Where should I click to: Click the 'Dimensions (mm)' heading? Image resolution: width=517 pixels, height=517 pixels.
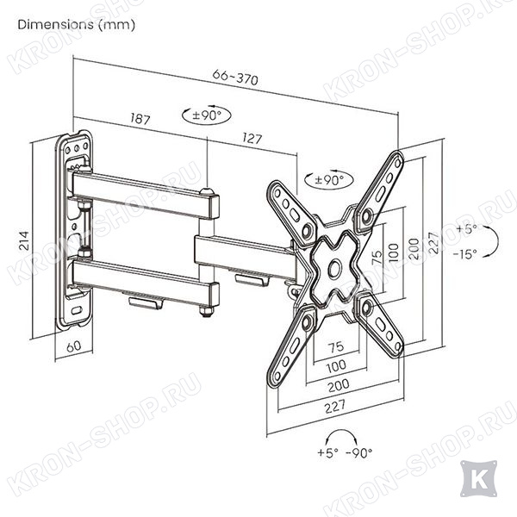(76, 25)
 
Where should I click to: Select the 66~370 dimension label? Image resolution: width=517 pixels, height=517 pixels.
(235, 78)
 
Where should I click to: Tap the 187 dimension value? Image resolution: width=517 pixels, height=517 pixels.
(140, 118)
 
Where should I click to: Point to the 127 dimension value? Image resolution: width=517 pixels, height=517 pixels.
(252, 138)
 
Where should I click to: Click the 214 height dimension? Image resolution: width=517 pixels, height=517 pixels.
(24, 240)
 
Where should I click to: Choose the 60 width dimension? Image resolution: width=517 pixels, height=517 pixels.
(73, 346)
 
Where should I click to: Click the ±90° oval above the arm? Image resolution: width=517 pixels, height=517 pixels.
(207, 115)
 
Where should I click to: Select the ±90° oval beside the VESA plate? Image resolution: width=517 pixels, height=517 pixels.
(329, 180)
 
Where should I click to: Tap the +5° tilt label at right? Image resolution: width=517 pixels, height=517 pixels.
(466, 229)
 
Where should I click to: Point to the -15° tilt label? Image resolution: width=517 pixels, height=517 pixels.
(465, 254)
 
